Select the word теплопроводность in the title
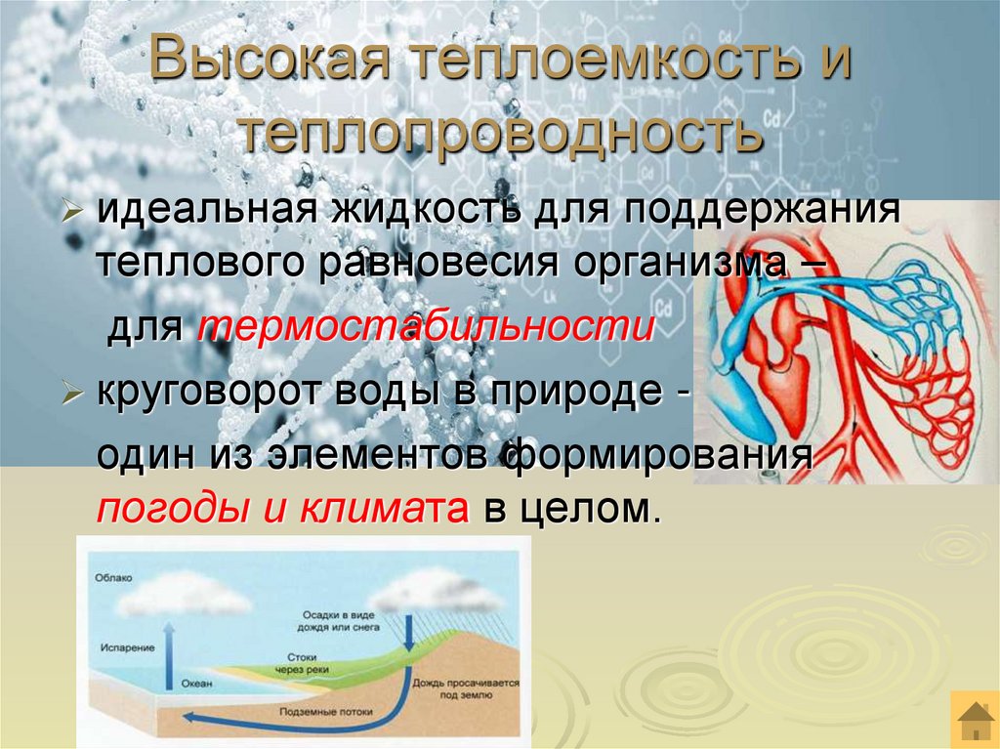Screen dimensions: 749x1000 [502, 134]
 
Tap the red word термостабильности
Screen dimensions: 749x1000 [426, 326]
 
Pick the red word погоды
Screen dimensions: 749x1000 [161, 509]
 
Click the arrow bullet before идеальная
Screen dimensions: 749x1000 [73, 213]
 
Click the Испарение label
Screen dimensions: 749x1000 [121, 646]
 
